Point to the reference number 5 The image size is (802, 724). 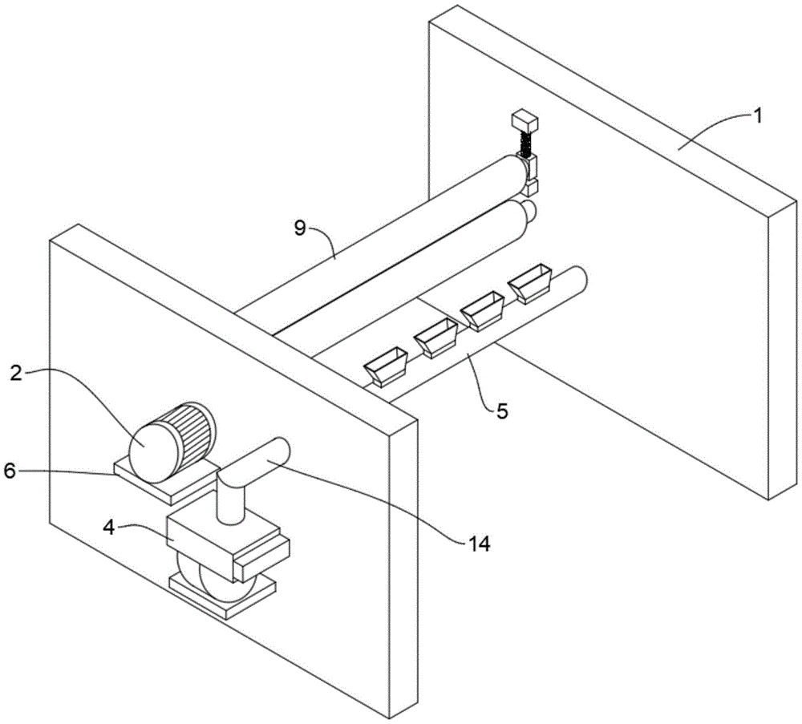[x=502, y=412]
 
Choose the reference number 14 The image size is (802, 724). [x=479, y=544]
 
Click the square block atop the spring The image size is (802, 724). [x=525, y=121]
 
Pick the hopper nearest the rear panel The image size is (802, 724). [x=530, y=283]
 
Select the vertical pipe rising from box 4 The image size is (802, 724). [x=231, y=501]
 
